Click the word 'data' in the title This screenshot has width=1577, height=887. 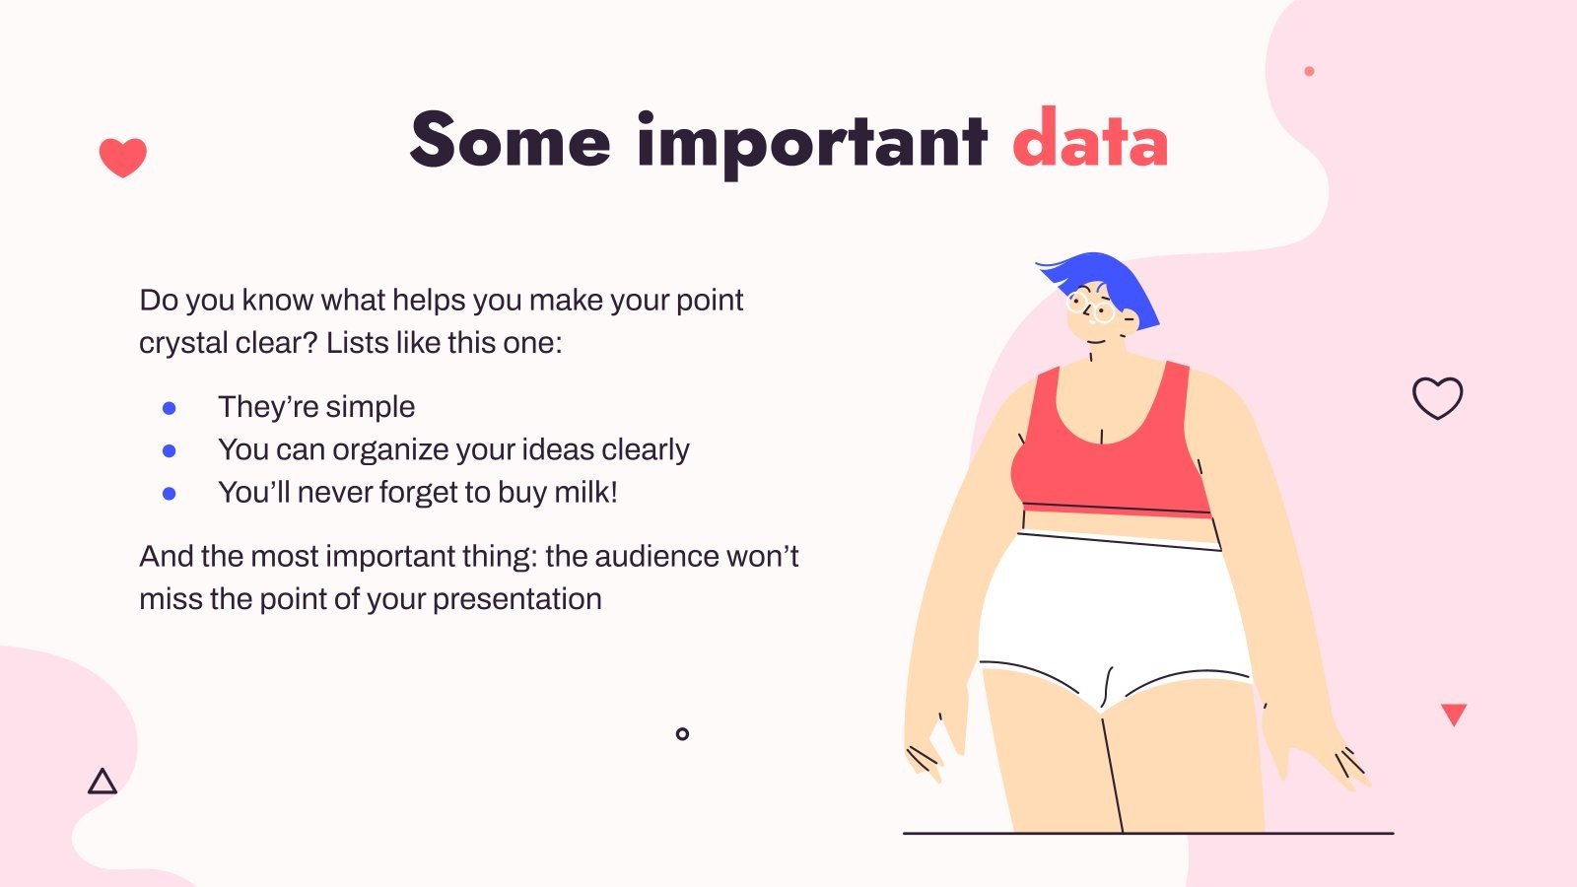pyautogui.click(x=1090, y=138)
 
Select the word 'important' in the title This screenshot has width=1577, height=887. pyautogui.click(x=812, y=144)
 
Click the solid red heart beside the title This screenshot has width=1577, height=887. pyautogui.click(x=123, y=157)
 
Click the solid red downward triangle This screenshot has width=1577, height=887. pyautogui.click(x=1454, y=714)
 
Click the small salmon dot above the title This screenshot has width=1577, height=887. pyautogui.click(x=1310, y=71)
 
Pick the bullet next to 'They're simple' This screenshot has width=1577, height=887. pyautogui.click(x=169, y=408)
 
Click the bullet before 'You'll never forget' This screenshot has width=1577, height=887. pyautogui.click(x=169, y=494)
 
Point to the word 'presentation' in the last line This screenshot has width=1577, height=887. pyautogui.click(x=516, y=600)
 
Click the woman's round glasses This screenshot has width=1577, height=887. pyautogui.click(x=1090, y=307)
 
